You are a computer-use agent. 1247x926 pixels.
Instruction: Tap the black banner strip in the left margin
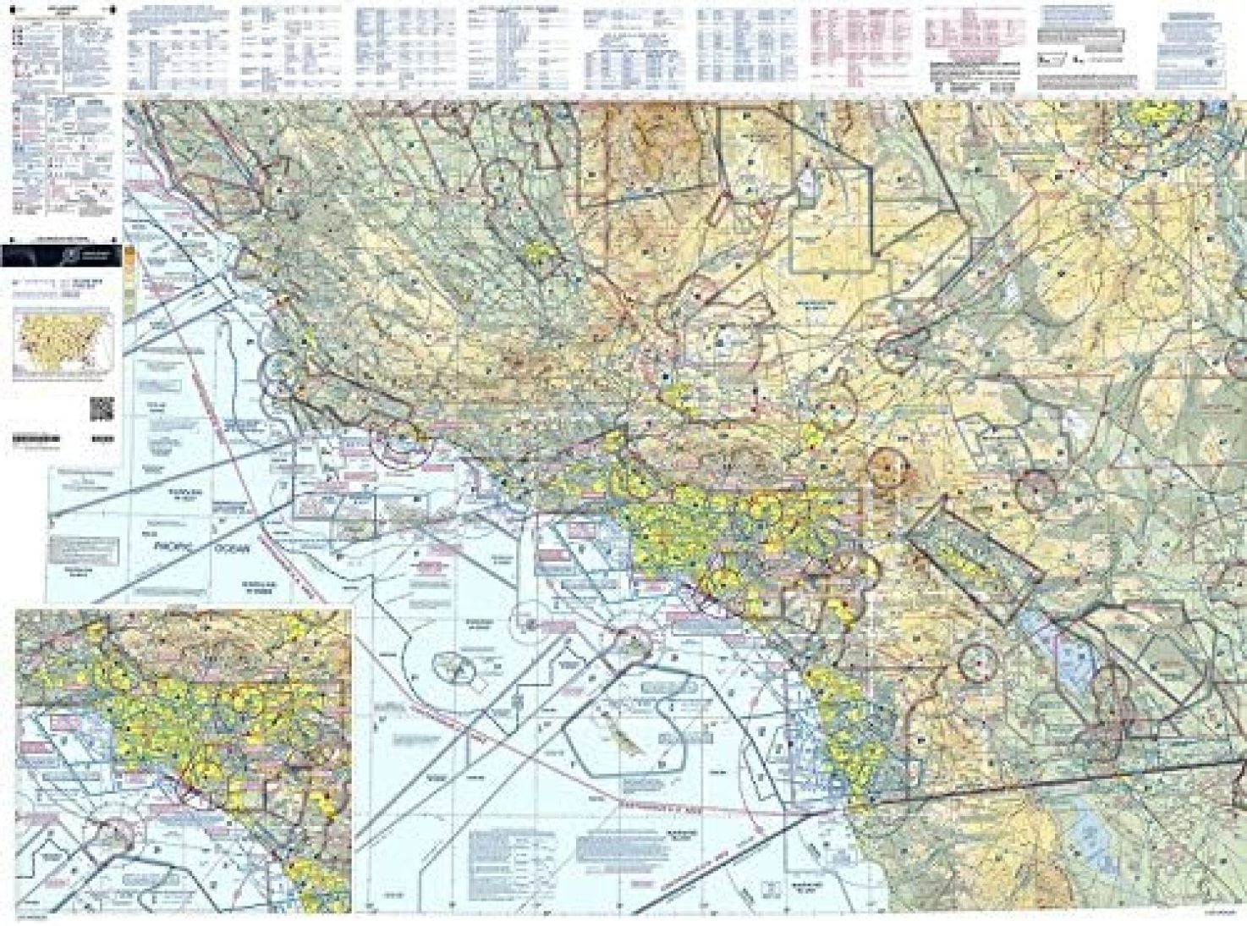[x=61, y=255]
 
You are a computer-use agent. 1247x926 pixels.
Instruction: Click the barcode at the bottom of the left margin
[x=36, y=439]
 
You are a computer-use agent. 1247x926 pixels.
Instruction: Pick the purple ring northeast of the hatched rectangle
[x=1036, y=488]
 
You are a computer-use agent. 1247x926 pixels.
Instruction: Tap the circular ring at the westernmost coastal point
[x=280, y=374]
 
